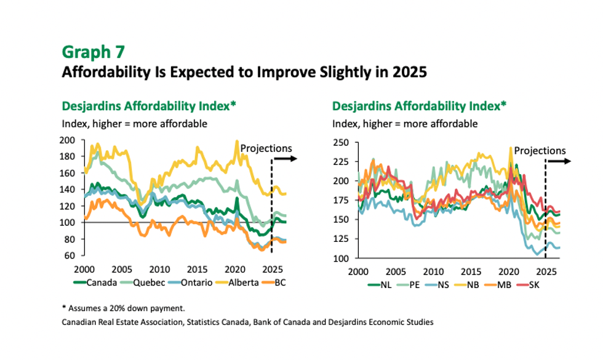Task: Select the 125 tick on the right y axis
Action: pyautogui.click(x=340, y=239)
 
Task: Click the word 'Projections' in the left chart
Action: pyautogui.click(x=266, y=148)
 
